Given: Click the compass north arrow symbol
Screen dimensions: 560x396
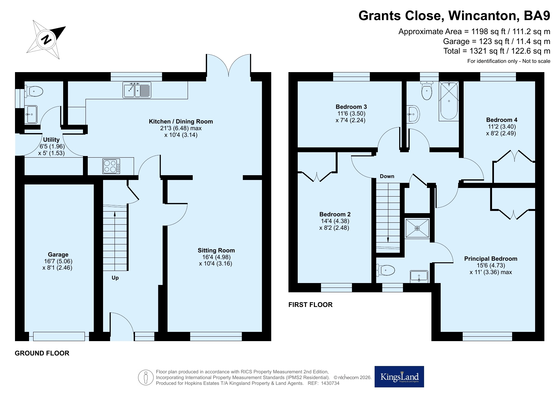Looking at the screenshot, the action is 46,40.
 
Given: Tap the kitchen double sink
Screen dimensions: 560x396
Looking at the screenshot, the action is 137,90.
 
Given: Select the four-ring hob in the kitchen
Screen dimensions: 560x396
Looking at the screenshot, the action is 111,166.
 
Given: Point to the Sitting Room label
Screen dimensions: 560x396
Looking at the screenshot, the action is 216,250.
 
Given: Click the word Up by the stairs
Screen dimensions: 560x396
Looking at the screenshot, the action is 115,278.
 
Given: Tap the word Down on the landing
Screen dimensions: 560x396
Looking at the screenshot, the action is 387,176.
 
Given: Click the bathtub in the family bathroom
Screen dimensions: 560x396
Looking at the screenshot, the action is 449,101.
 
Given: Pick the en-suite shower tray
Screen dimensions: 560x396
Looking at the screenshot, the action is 417,228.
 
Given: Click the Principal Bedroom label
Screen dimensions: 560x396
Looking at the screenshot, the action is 491,258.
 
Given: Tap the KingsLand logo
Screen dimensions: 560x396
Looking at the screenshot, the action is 399,377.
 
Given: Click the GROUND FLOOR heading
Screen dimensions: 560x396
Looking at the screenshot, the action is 42,353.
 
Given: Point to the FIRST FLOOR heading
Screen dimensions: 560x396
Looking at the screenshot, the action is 310,305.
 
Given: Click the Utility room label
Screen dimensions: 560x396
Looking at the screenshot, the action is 51,139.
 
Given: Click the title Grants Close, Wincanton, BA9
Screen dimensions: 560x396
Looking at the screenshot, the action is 454,15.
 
